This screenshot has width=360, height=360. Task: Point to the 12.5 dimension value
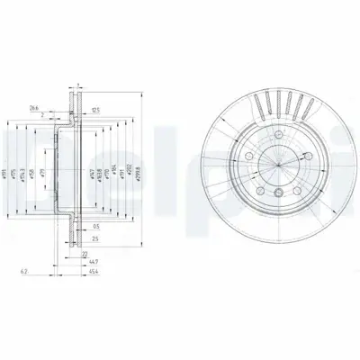[94, 111]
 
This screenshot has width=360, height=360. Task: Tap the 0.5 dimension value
[96, 229]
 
